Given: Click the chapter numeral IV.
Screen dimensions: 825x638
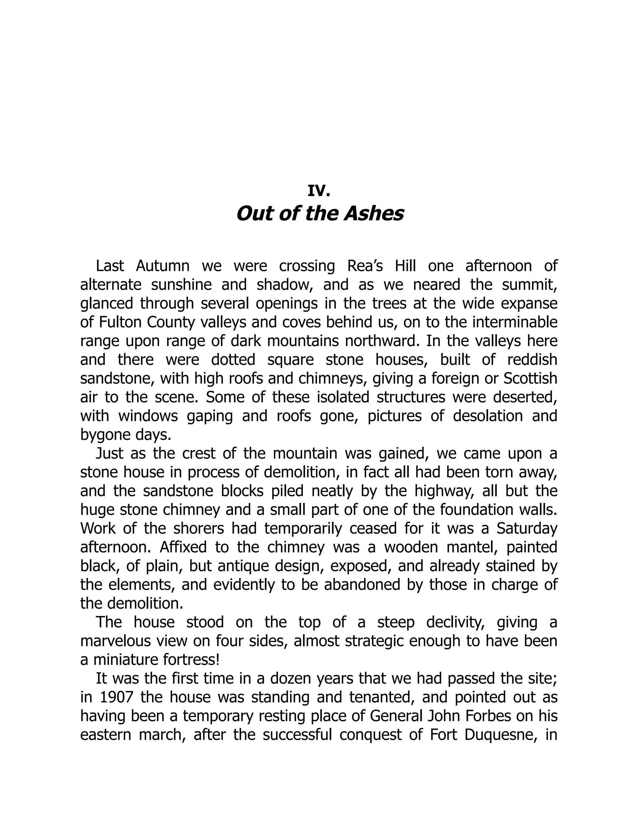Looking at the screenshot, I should tap(319, 191).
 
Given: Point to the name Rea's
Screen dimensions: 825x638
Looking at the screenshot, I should tap(365, 266).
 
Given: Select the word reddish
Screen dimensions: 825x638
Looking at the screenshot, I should tap(532, 360).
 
